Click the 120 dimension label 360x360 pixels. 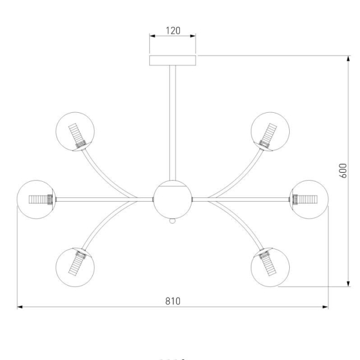pos(173,31)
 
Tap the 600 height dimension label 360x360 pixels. pos(343,170)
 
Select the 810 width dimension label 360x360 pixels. pos(173,301)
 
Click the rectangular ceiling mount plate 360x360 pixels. pos(173,61)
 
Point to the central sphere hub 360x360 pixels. pos(172,200)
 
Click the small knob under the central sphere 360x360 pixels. pos(172,221)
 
